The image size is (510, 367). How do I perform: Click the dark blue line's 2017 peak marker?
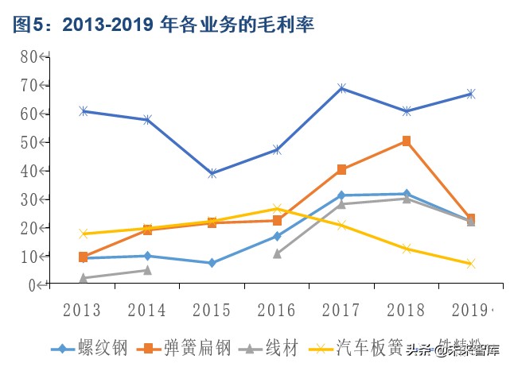[x=342, y=88]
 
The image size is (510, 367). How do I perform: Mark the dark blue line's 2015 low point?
[x=212, y=173]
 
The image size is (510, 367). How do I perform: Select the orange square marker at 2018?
[x=407, y=141]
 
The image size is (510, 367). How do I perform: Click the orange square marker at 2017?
[x=342, y=169]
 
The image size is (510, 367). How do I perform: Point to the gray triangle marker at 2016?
[x=277, y=253]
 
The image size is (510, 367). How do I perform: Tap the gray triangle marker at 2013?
[x=83, y=278]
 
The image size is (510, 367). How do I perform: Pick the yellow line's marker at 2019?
[x=471, y=264]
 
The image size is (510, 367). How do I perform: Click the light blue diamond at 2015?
[x=212, y=263]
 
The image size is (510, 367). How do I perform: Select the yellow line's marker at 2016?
[x=277, y=209]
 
